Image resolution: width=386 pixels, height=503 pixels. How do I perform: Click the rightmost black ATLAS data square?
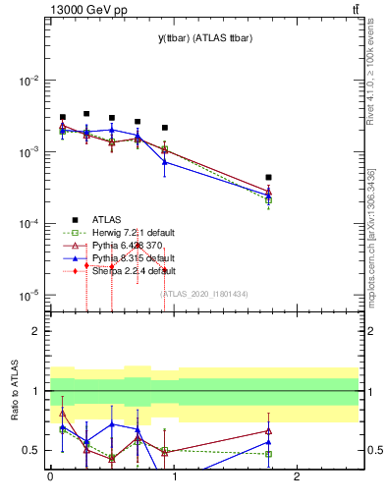pyautogui.click(x=268, y=178)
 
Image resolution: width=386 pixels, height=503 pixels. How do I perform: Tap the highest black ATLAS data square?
pyautogui.click(x=86, y=114)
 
